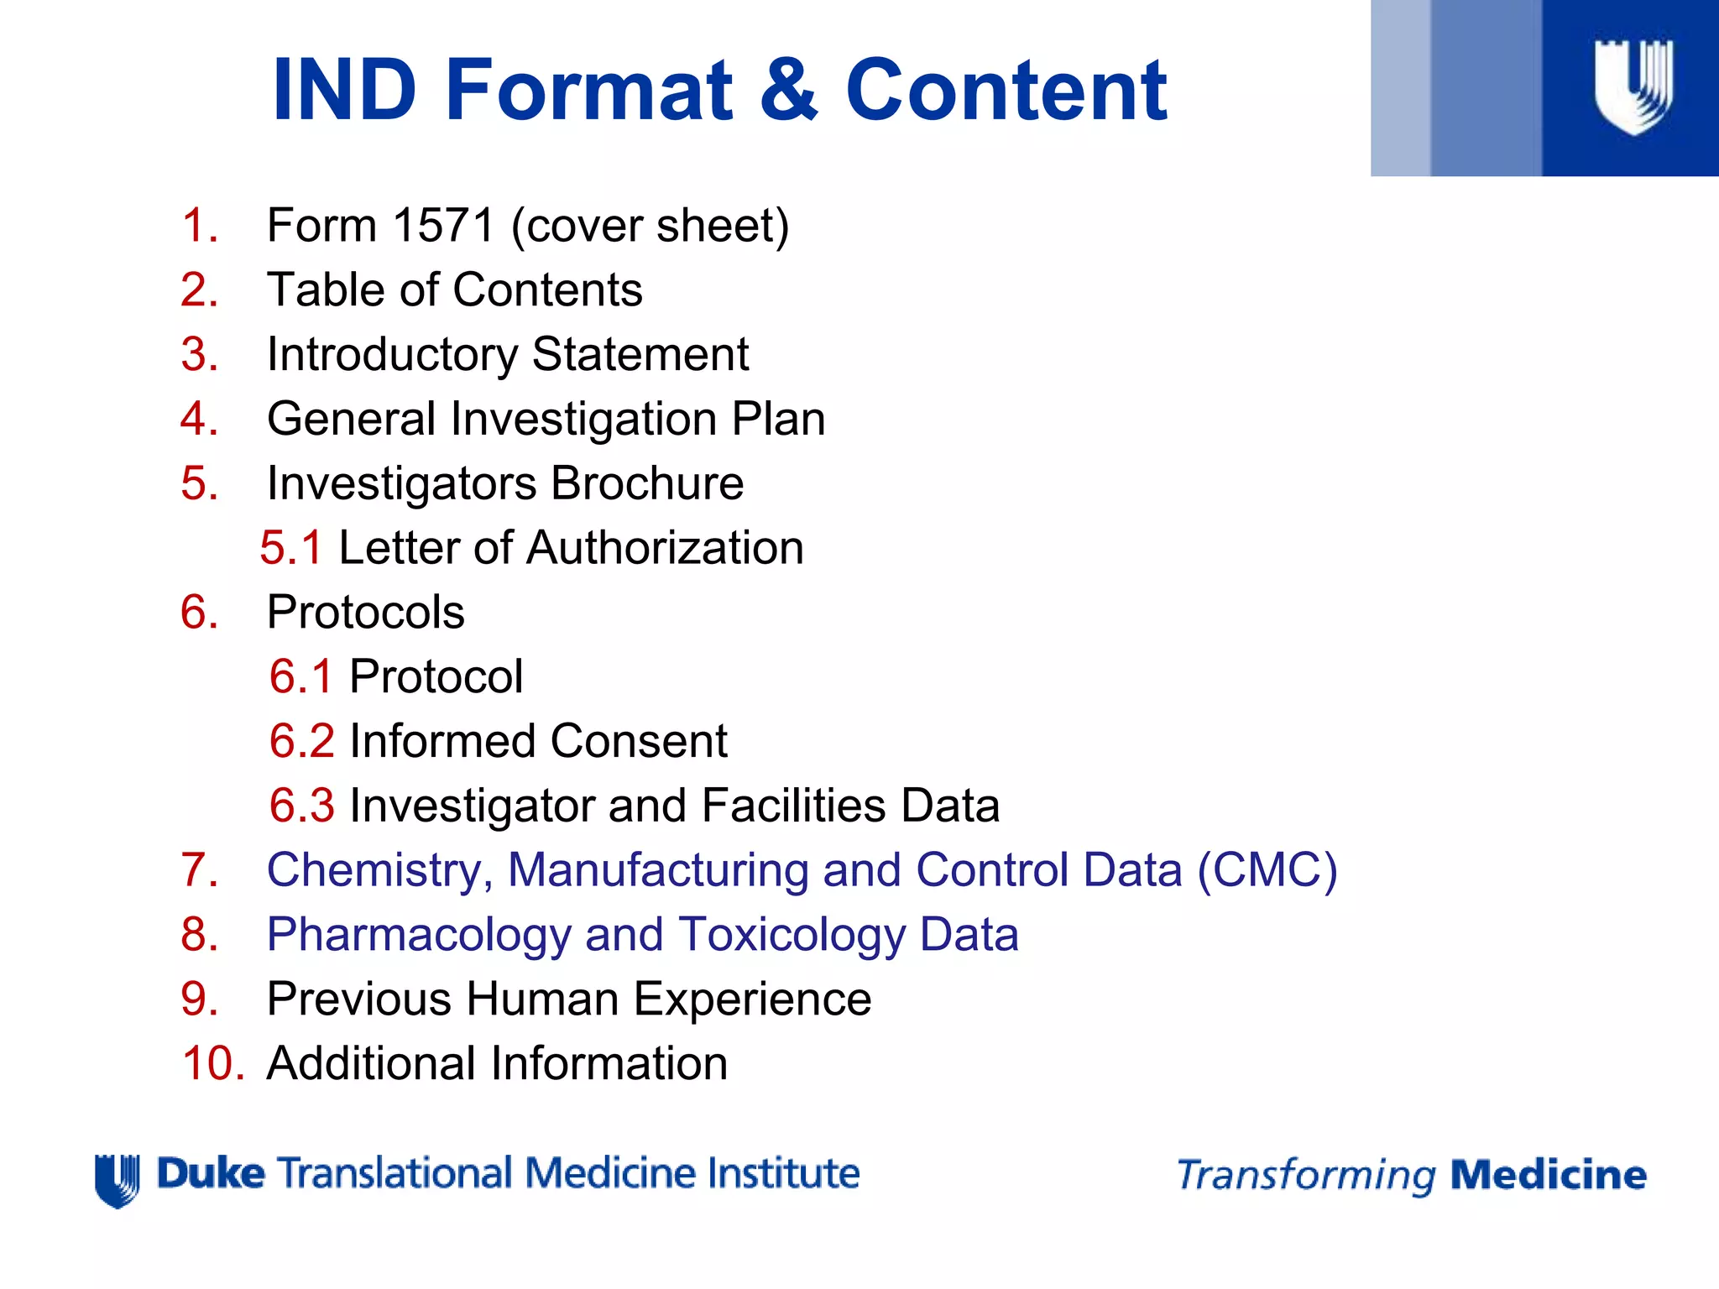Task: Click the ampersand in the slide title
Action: tap(788, 89)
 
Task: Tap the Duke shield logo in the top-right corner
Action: tap(1633, 86)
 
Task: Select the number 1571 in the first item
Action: tap(443, 226)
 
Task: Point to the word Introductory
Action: tap(392, 355)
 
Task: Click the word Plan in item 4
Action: tap(778, 419)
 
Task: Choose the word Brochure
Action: tap(647, 483)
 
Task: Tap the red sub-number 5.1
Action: tap(290, 548)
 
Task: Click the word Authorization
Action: tap(665, 548)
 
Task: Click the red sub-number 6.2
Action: tap(301, 741)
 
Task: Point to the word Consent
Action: tap(639, 741)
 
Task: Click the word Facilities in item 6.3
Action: tap(793, 806)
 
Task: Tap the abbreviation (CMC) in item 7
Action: tap(1267, 870)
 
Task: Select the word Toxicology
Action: tap(792, 935)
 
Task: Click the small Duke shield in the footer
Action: tap(117, 1180)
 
